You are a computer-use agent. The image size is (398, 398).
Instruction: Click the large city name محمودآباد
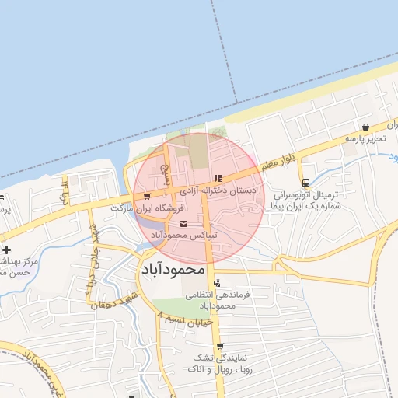[x=173, y=270]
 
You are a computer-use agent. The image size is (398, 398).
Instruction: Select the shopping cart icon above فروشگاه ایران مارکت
[x=146, y=197]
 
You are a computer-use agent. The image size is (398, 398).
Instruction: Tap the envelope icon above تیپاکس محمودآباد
[x=183, y=224]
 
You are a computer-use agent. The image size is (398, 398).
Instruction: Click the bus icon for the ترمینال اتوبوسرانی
[x=305, y=182]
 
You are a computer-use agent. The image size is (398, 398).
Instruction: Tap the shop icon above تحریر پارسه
[x=365, y=127]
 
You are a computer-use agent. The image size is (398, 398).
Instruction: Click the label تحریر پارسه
[x=365, y=138]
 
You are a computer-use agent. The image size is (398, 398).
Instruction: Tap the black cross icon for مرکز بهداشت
[x=7, y=250]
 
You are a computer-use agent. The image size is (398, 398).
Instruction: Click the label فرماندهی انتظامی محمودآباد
[x=218, y=301]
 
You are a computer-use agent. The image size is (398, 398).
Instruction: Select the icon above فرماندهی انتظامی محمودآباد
[x=217, y=283]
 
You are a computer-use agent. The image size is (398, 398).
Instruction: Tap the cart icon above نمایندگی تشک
[x=220, y=347]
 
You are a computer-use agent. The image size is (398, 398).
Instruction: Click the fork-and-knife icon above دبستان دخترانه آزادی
[x=218, y=178]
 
